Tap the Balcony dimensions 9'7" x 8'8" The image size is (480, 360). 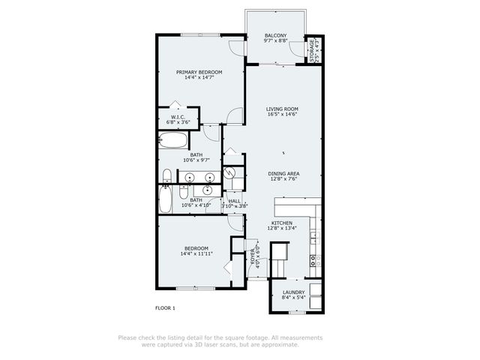click(x=277, y=41)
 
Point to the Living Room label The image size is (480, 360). click(x=282, y=109)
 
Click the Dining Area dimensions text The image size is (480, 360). click(x=283, y=179)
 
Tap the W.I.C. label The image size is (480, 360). click(x=178, y=117)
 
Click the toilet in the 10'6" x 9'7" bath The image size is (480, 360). click(x=165, y=177)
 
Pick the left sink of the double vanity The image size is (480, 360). click(x=190, y=178)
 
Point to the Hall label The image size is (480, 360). click(x=235, y=201)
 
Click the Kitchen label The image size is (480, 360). click(x=282, y=223)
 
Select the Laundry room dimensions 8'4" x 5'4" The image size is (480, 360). click(x=293, y=298)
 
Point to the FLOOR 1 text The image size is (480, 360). click(x=165, y=308)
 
